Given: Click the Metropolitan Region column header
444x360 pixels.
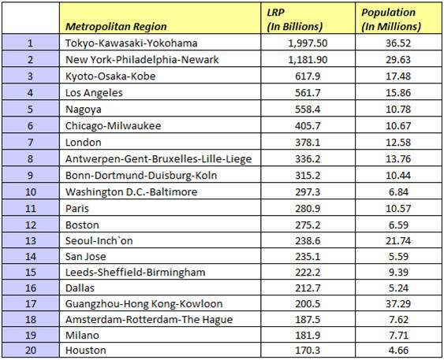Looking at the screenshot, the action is point(116,26).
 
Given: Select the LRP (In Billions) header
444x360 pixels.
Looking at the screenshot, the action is point(295,19).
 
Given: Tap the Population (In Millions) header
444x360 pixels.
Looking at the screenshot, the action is point(391,19).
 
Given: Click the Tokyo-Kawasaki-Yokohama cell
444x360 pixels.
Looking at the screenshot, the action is point(132,43).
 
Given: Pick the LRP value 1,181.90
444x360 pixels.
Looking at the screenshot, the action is point(308,60).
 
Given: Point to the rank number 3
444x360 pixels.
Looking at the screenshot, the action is point(30,76).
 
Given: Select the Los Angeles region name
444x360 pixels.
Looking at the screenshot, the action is point(94,93).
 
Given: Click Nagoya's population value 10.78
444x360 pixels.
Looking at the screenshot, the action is point(398,109).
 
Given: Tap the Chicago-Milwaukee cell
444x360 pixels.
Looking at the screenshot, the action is point(114,126).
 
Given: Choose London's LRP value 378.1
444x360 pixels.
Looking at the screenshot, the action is point(308,143).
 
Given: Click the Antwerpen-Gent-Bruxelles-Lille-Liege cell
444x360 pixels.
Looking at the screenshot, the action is point(159,159).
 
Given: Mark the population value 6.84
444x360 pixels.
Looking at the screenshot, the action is point(399,192).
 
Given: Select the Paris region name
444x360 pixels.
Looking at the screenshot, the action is point(77,209).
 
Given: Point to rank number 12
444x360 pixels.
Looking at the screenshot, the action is point(31,225).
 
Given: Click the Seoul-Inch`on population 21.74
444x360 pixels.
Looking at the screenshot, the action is point(398,241).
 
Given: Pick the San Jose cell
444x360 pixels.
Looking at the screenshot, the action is point(85,257).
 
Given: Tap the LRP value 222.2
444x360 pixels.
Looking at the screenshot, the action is point(308,273).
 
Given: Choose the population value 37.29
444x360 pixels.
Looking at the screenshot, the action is point(398,304).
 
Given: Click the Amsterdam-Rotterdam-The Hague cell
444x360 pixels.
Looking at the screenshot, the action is point(149,320).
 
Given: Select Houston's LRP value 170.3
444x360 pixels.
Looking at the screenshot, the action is point(308,351).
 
